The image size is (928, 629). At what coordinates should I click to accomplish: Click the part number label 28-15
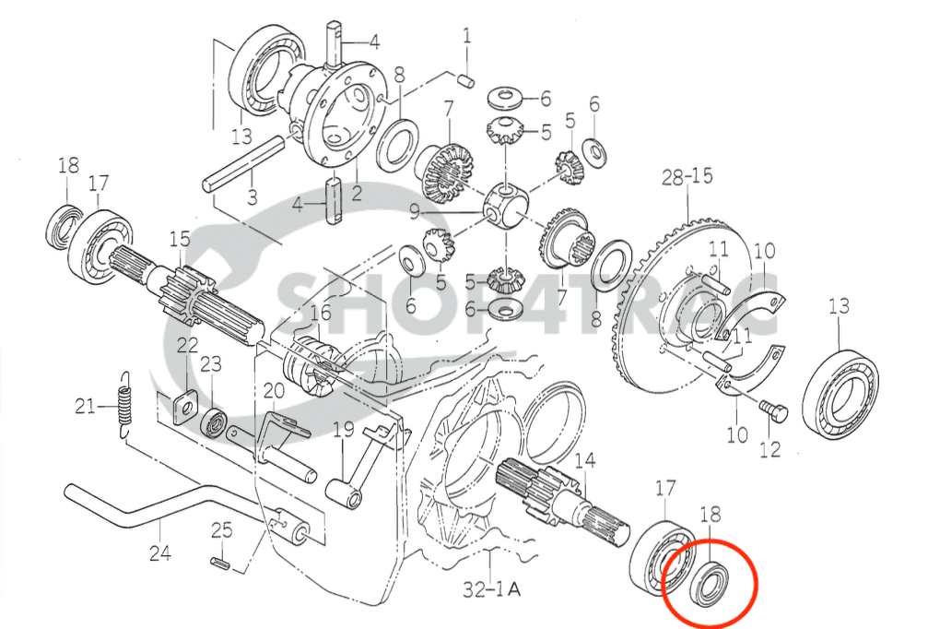click(687, 176)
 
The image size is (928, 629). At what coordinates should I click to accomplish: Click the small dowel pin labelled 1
click(466, 79)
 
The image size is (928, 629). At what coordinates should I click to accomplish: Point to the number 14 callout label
click(585, 459)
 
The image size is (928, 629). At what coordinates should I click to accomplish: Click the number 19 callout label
click(343, 429)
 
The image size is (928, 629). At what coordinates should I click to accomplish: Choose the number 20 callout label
click(274, 391)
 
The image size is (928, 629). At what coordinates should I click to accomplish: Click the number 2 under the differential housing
click(357, 193)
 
